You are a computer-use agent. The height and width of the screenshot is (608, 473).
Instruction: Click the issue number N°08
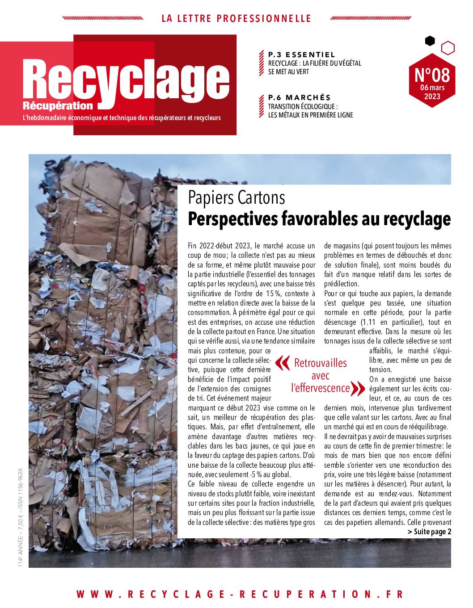tap(432, 75)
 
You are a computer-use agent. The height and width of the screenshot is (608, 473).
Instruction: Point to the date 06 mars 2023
tap(432, 92)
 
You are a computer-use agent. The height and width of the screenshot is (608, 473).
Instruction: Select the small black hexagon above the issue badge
tap(430, 41)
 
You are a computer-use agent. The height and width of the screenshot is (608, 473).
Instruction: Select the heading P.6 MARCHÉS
tap(299, 97)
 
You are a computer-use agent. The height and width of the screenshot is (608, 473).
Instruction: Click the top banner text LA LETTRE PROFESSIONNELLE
tap(236, 18)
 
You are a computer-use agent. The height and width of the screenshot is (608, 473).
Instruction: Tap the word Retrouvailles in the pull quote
tap(320, 363)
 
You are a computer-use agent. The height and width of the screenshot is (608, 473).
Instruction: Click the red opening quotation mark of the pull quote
tap(282, 363)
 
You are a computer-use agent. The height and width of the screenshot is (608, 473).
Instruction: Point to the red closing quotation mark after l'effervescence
tap(359, 388)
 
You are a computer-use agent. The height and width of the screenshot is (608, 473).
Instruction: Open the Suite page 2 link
tap(429, 531)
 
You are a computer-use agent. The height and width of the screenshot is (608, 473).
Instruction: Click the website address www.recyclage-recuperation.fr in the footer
tap(240, 594)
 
